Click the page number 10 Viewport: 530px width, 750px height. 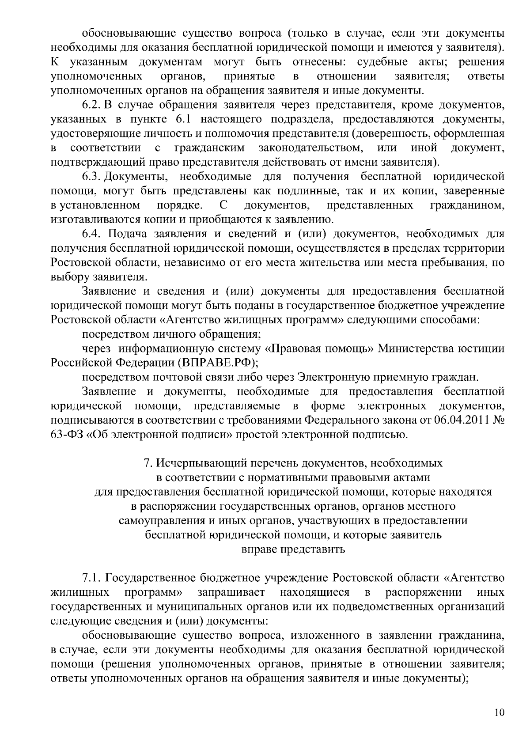[x=499, y=712]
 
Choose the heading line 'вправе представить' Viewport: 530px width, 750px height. [x=293, y=549]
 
